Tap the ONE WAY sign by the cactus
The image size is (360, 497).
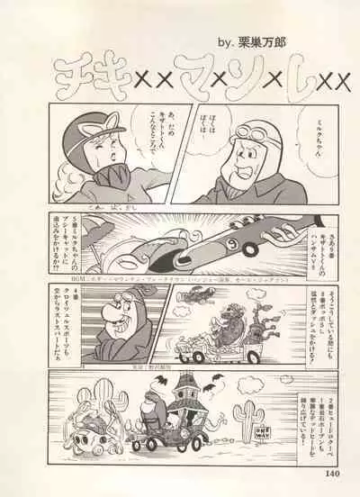coord(266,430)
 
